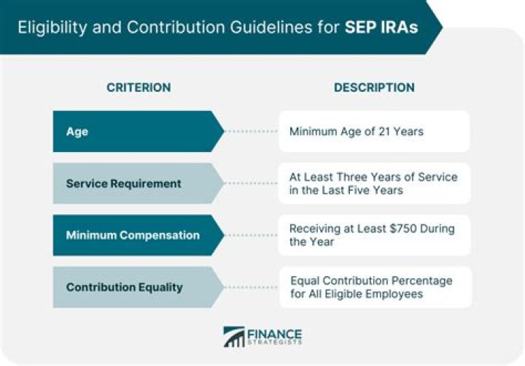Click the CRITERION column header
139,87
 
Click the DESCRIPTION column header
374,87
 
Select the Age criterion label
77,131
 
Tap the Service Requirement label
123,183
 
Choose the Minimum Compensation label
132,235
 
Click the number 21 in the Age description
382,131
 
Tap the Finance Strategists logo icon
234,337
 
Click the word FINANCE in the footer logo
274,332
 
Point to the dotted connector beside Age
252,131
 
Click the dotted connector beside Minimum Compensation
252,235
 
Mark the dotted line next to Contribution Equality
252,287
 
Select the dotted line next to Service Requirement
252,183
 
